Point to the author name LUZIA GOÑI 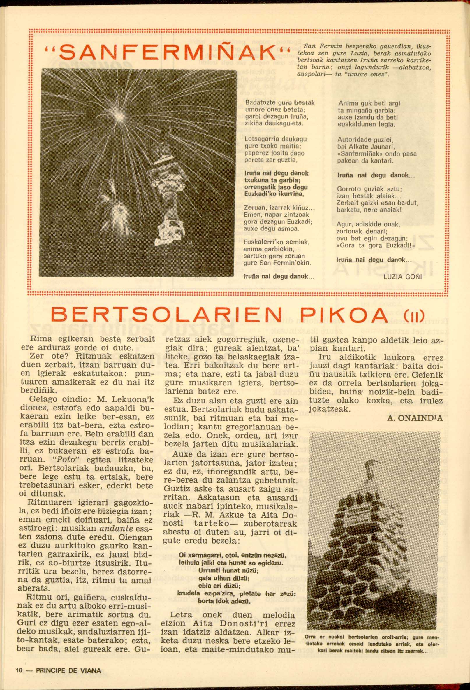[402, 277]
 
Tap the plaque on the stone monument [369, 506]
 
